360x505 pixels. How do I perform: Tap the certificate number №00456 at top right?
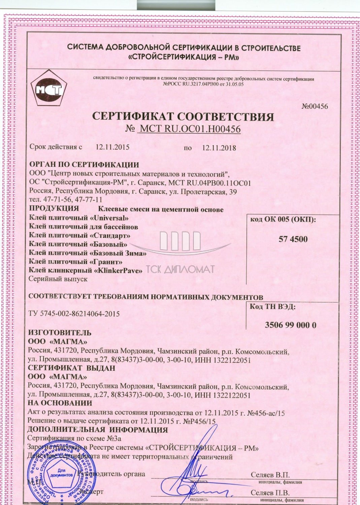click(315, 106)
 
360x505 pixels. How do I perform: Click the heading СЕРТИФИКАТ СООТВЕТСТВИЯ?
click(183, 116)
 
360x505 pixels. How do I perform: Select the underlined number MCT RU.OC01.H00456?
click(190, 129)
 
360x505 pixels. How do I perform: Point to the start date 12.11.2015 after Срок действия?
click(112, 147)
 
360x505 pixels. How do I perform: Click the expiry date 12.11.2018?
click(219, 147)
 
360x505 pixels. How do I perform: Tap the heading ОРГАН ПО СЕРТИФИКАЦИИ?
click(84, 165)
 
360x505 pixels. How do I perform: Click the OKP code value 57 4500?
click(293, 239)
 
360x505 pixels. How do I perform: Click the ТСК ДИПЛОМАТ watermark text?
click(181, 269)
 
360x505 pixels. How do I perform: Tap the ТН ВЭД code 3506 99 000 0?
click(290, 325)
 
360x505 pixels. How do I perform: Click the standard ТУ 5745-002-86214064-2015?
click(74, 314)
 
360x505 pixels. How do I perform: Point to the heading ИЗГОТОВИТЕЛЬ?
click(60, 332)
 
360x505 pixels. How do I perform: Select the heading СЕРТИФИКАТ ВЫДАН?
click(71, 368)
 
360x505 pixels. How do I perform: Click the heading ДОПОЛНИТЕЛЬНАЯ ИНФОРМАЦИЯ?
click(98, 430)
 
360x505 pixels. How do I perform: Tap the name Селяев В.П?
click(270, 475)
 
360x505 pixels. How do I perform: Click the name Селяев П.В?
click(270, 493)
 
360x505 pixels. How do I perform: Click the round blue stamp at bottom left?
click(61, 478)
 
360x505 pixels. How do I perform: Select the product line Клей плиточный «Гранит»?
click(76, 262)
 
